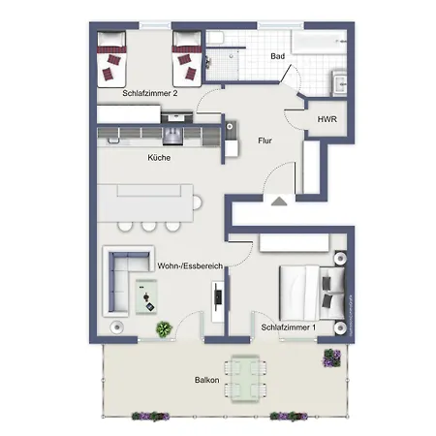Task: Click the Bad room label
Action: pyautogui.click(x=277, y=56)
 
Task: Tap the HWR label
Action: pyautogui.click(x=327, y=119)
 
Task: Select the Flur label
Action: pyautogui.click(x=265, y=140)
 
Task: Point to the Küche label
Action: pyautogui.click(x=159, y=158)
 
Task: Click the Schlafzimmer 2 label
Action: pyautogui.click(x=150, y=93)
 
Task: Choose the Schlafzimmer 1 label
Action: pyautogui.click(x=288, y=327)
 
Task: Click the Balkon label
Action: pyautogui.click(x=207, y=380)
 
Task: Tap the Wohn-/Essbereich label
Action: pyautogui.click(x=190, y=265)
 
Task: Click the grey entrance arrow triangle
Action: pyautogui.click(x=279, y=202)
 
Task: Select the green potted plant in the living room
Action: pyautogui.click(x=164, y=329)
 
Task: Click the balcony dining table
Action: pyautogui.click(x=245, y=379)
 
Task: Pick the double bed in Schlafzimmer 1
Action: pyautogui.click(x=312, y=293)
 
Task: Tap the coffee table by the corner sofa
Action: pyautogui.click(x=146, y=296)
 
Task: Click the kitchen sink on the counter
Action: pyautogui.click(x=172, y=136)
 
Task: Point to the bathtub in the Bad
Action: pyautogui.click(x=319, y=42)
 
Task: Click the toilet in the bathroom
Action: pyautogui.click(x=215, y=38)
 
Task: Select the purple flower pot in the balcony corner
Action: pyautogui.click(x=332, y=358)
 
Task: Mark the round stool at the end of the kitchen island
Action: pyautogui.click(x=197, y=202)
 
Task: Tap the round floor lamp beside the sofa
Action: pyautogui.click(x=116, y=327)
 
